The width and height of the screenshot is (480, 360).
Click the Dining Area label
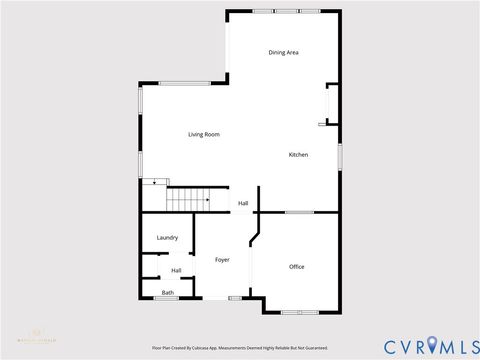(x=284, y=52)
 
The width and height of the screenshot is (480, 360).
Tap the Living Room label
(x=204, y=134)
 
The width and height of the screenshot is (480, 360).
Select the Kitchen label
(x=298, y=155)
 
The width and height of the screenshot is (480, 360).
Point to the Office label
(x=297, y=267)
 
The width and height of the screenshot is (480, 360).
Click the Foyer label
(x=222, y=260)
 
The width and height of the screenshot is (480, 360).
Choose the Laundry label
(x=167, y=238)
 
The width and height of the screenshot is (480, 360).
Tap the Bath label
(x=168, y=293)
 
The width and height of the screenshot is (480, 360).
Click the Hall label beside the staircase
(x=243, y=204)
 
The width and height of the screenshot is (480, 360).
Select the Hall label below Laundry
(x=176, y=270)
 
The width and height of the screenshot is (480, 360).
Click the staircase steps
(x=185, y=199)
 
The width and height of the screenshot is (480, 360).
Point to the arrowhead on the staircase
(x=207, y=200)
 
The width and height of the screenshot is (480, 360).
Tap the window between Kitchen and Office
(x=299, y=212)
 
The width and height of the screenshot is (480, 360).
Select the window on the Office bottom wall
(x=297, y=313)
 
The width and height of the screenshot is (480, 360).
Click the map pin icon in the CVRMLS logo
(x=432, y=344)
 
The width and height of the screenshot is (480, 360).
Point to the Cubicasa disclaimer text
(x=239, y=348)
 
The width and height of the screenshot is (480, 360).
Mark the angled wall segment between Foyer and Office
(x=256, y=239)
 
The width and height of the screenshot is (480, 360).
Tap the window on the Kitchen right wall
(x=341, y=156)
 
